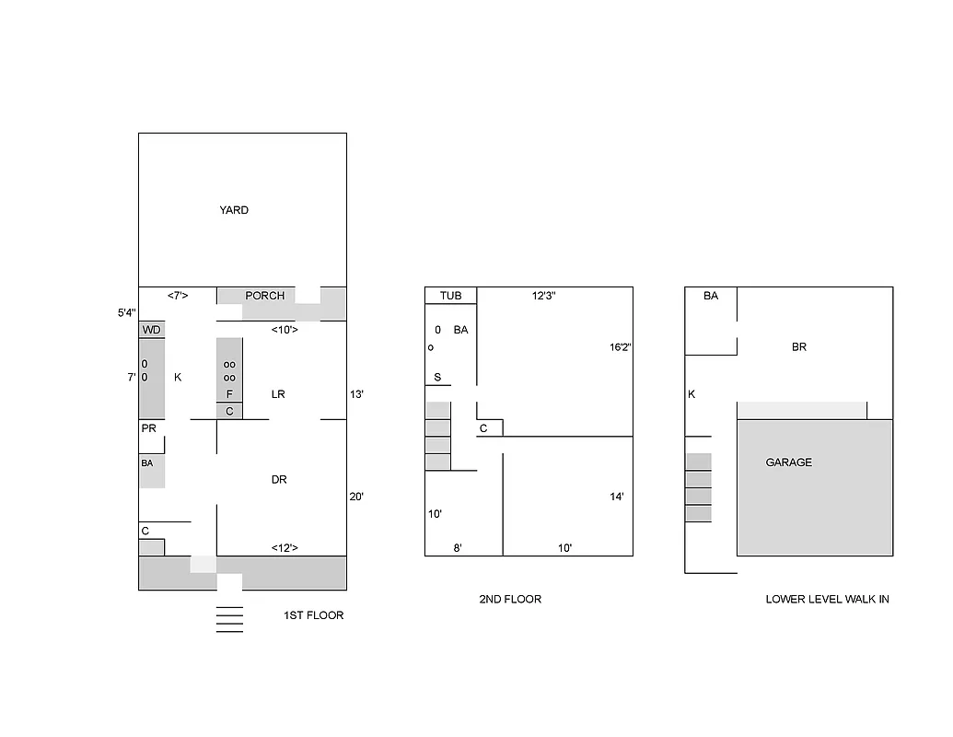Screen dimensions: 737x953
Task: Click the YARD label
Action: pyautogui.click(x=234, y=210)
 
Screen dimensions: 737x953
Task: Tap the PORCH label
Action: pyautogui.click(x=264, y=296)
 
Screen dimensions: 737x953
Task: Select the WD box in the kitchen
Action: pyautogui.click(x=152, y=330)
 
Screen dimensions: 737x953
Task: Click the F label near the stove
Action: pyautogui.click(x=229, y=394)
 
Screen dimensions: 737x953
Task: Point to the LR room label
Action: pyautogui.click(x=278, y=394)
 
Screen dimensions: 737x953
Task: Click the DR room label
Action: pyautogui.click(x=279, y=480)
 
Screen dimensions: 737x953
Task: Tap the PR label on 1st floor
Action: pyautogui.click(x=148, y=429)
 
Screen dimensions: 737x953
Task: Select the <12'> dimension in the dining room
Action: pyautogui.click(x=284, y=548)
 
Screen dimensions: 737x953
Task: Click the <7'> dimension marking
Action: pyautogui.click(x=178, y=296)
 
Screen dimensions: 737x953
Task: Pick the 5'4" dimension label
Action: pyautogui.click(x=126, y=313)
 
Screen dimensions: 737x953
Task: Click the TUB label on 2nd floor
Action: pyautogui.click(x=450, y=296)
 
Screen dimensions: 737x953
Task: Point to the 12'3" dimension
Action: pyautogui.click(x=544, y=296)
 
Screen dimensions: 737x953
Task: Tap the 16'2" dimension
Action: pyautogui.click(x=620, y=347)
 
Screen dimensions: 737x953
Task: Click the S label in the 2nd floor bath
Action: pyautogui.click(x=437, y=378)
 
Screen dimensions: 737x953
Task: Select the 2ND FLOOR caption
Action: pyautogui.click(x=510, y=600)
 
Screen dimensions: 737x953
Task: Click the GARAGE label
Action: pyautogui.click(x=789, y=462)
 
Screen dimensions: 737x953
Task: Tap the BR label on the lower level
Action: pyautogui.click(x=799, y=347)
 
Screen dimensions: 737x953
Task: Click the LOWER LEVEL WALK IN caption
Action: pyautogui.click(x=827, y=600)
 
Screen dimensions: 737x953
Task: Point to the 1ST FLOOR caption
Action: pyautogui.click(x=313, y=615)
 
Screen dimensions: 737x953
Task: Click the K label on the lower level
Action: pyautogui.click(x=692, y=394)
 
